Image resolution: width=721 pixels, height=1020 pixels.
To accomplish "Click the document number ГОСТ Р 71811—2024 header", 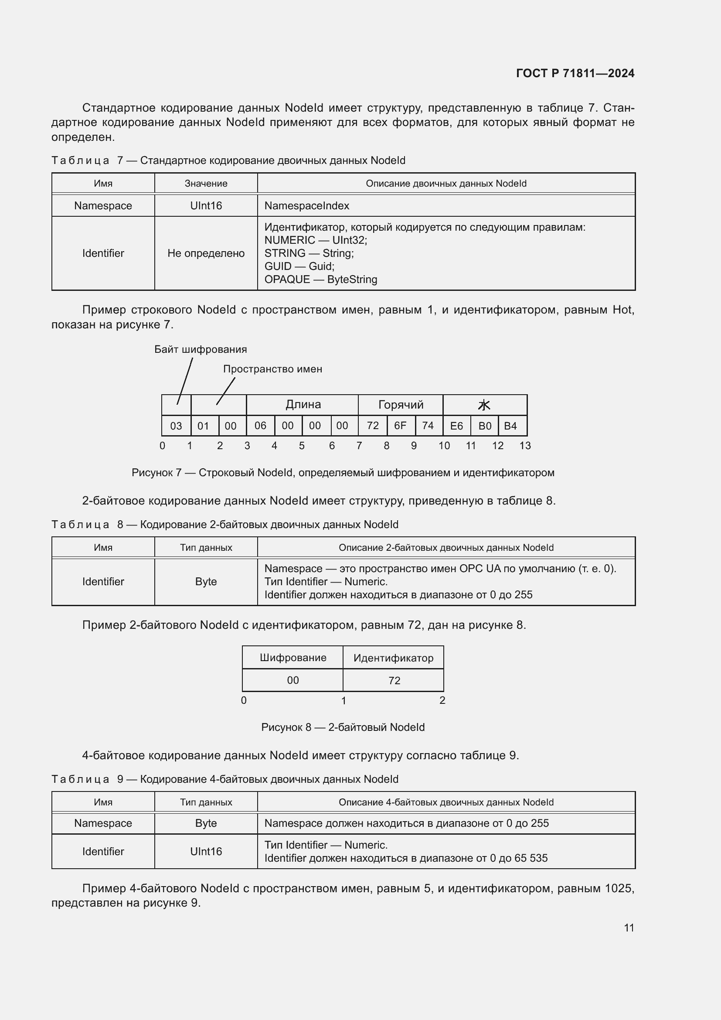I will pos(575,73).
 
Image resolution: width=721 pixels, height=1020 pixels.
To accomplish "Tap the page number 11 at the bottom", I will pos(629,928).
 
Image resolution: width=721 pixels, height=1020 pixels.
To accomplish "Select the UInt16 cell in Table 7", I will pos(206,206).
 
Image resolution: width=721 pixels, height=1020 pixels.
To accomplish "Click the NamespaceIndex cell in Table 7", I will pos(307,206).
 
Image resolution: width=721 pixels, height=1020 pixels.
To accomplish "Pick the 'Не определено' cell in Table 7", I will pos(206,253).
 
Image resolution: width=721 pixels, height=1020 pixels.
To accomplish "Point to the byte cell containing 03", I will pos(176,426).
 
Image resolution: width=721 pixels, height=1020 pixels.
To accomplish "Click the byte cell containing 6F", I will pos(401,426).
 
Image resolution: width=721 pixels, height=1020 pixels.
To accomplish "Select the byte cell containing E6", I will pos(456,426).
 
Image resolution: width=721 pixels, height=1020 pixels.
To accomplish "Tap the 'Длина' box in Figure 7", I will pos(303,405).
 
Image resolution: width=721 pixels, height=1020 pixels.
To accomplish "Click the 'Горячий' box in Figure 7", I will pos(401,405).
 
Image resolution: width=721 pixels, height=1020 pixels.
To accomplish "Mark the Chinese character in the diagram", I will pos(484,405).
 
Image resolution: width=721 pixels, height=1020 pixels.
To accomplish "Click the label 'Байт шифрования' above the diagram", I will pos(200,349).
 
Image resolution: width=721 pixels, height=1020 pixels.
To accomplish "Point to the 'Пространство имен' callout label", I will pos(272,369).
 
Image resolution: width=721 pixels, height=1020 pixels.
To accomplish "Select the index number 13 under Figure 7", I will pos(525,446).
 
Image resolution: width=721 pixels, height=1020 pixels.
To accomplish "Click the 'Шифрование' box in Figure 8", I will pos(292,658).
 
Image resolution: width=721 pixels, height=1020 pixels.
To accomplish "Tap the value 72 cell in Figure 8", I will pos(394,681).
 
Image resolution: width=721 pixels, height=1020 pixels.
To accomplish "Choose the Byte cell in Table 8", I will pos(206,582).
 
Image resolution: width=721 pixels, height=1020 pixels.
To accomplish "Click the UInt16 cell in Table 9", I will pos(206,851).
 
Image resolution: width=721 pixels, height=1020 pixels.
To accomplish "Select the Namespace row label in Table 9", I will pos(103,823).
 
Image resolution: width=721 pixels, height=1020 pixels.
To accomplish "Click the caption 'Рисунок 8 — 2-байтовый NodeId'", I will pos(343,727).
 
